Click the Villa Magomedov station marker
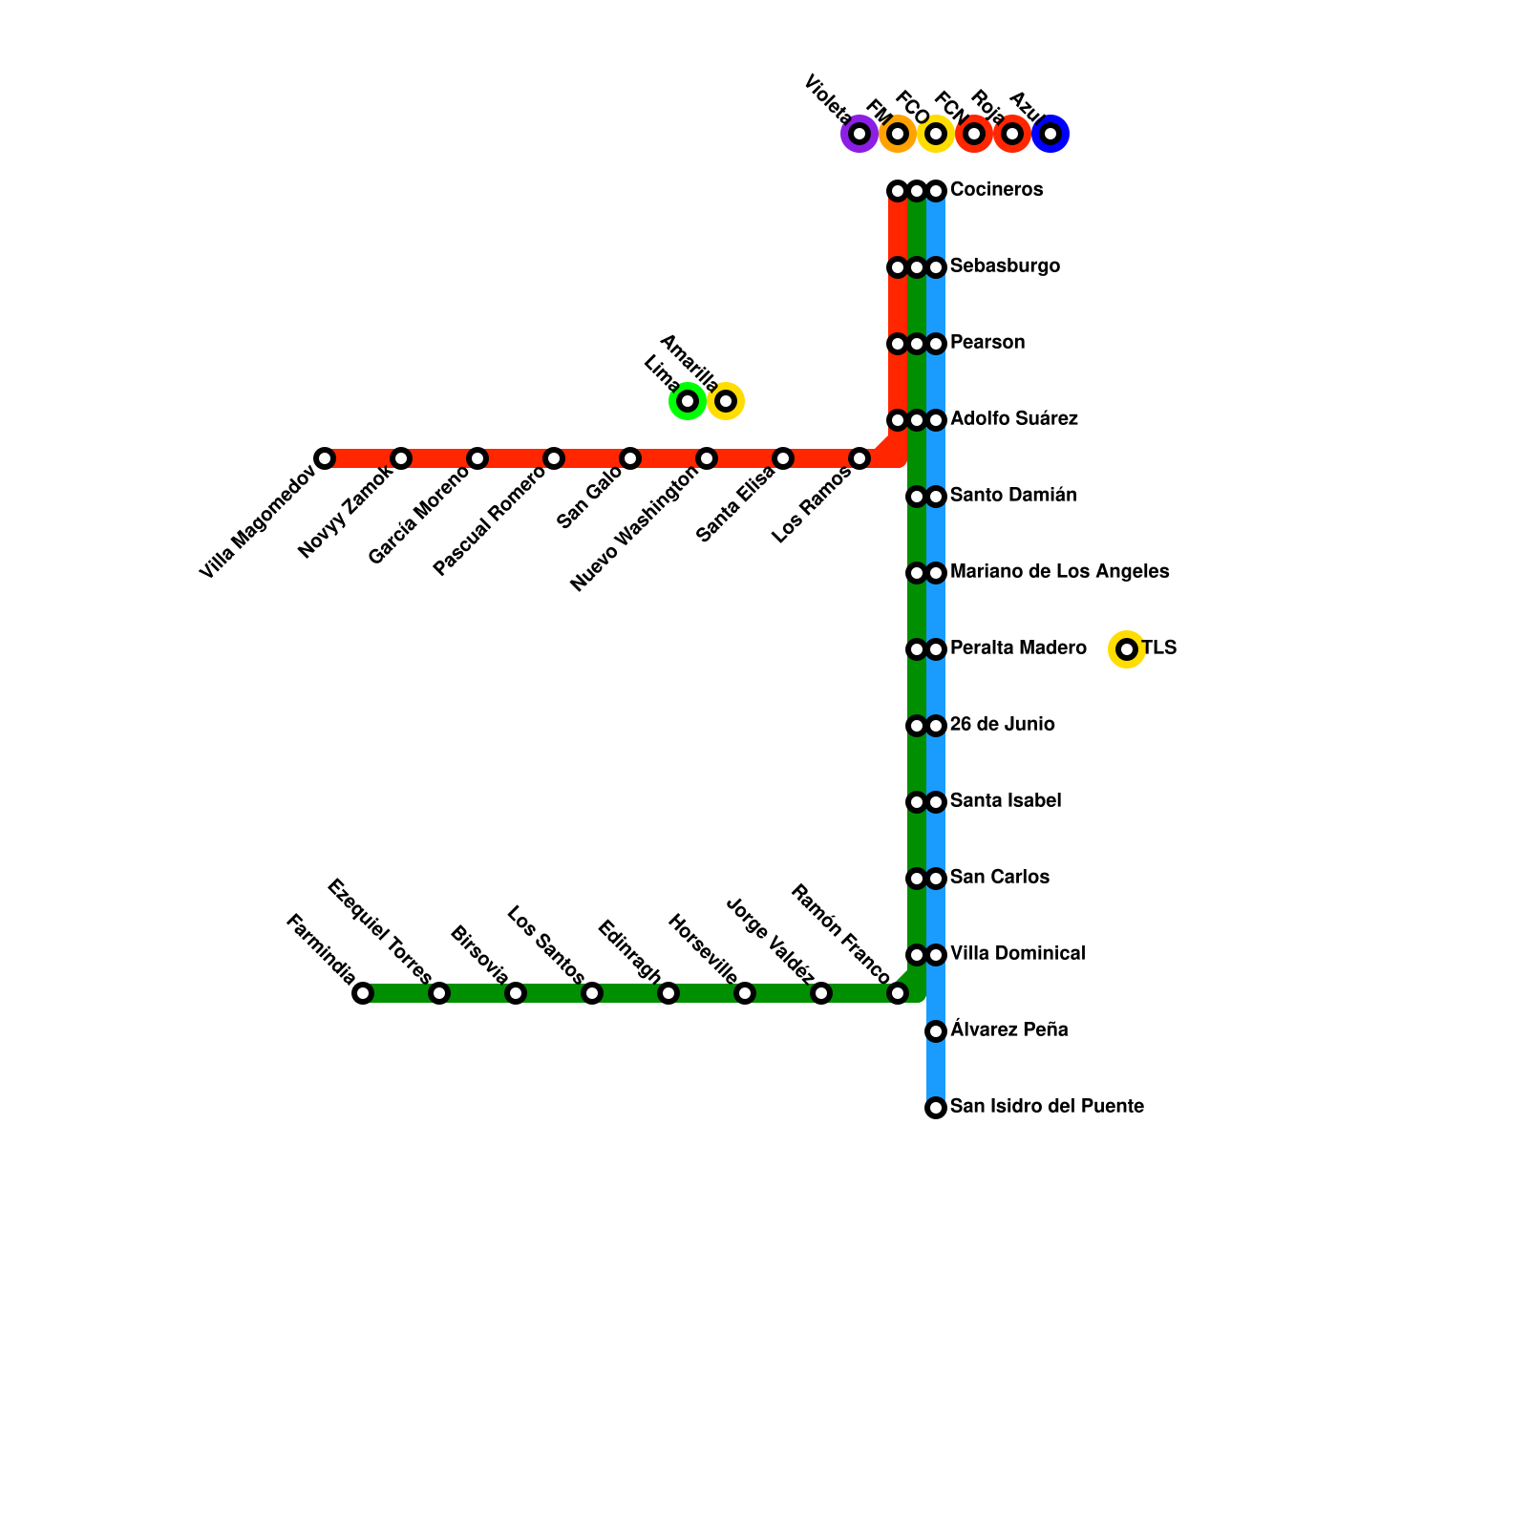click(325, 458)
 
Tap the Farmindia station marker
click(363, 993)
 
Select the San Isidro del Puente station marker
click(936, 1108)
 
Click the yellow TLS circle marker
click(1127, 649)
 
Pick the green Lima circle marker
click(688, 401)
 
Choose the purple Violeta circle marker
click(859, 134)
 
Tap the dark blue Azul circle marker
click(1050, 134)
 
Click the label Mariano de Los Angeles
click(1059, 572)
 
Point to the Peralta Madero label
click(1018, 648)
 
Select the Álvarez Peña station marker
click(936, 1031)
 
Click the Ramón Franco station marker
click(898, 993)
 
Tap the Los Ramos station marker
click(859, 458)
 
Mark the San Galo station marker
click(630, 458)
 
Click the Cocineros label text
click(996, 190)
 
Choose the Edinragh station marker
click(668, 993)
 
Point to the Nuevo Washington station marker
click(707, 458)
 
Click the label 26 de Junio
click(1002, 725)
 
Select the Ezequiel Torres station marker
click(439, 993)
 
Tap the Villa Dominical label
click(1017, 954)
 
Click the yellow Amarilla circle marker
click(726, 401)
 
